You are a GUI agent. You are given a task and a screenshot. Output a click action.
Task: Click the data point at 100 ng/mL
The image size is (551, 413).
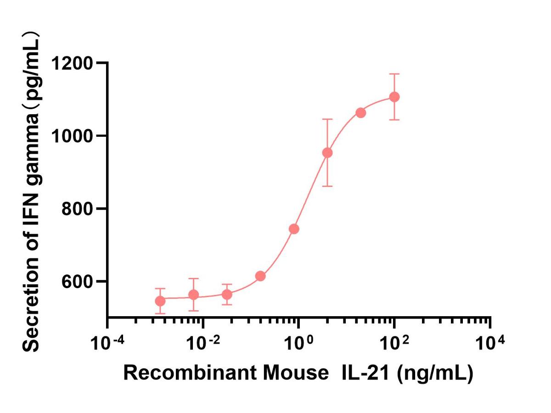(394, 97)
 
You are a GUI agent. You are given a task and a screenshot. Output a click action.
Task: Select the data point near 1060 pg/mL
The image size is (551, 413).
(360, 112)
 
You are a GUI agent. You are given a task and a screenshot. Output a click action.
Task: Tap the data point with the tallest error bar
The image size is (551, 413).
(327, 153)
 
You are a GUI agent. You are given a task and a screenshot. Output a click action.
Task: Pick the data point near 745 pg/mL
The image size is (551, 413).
(294, 229)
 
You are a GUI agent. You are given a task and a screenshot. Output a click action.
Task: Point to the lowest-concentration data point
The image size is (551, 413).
(160, 301)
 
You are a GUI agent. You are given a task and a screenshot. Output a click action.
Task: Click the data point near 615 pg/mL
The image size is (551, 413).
(260, 276)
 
